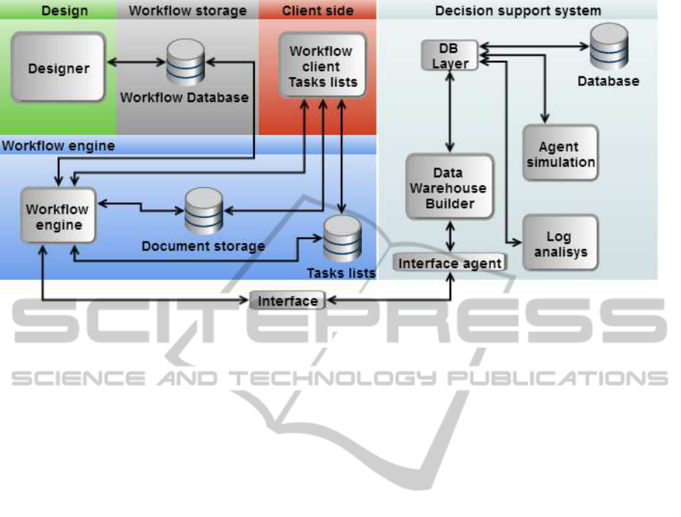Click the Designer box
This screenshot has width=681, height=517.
(58, 68)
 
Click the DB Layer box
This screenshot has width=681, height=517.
(449, 56)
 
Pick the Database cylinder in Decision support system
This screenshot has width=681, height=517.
(609, 46)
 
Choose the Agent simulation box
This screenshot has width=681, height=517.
(560, 153)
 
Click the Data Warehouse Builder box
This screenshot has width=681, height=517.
(449, 187)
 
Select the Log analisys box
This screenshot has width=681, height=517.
(560, 243)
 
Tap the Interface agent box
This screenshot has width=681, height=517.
(449, 263)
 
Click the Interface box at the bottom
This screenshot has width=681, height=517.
(287, 300)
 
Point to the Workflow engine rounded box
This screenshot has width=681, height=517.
(57, 215)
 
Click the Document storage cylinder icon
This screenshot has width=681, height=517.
(204, 211)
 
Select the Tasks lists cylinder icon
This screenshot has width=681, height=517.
(342, 238)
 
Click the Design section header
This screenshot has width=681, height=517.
(63, 11)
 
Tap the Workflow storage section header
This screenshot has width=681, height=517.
(187, 11)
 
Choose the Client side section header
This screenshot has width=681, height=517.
(317, 11)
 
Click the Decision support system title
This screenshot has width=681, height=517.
(518, 11)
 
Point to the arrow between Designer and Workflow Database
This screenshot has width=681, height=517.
(136, 61)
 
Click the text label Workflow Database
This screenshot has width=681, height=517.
(184, 97)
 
